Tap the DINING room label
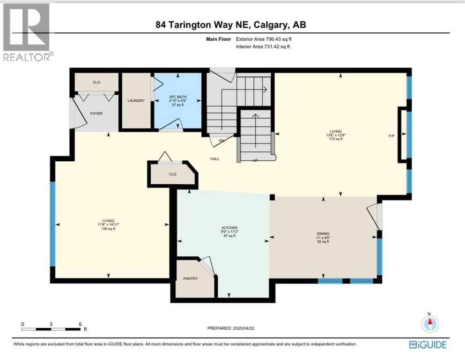pos(323,233)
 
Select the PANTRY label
pos(191,278)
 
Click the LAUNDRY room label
pos(136,101)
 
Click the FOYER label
pos(96,113)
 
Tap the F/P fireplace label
pos(391,136)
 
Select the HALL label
pos(214,159)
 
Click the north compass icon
pos(430,323)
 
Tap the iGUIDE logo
pos(428,345)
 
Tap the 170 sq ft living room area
pos(335,139)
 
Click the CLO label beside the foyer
pos(96,82)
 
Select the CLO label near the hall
pos(172,174)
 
